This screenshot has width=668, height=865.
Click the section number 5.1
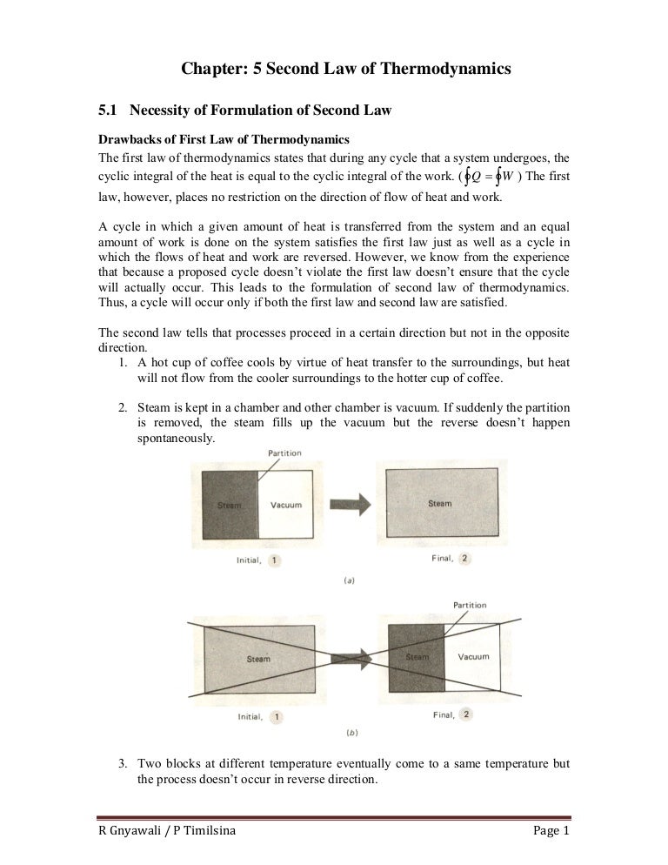tap(107, 110)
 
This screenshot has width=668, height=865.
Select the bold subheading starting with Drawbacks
tap(224, 139)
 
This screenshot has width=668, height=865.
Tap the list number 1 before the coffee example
tap(124, 362)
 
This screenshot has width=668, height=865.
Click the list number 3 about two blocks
tap(124, 763)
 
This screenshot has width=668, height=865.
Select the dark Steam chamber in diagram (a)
tap(230, 504)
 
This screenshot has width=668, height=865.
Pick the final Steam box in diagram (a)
tap(439, 503)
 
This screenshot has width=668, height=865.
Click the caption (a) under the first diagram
tap(349, 580)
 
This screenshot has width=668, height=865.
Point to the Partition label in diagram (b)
tap(470, 604)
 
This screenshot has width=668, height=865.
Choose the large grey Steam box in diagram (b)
tap(258, 659)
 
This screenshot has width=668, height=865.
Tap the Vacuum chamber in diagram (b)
tap(473, 657)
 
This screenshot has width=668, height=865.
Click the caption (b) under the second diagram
tap(349, 734)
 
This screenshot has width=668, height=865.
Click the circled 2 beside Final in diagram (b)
tap(466, 714)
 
